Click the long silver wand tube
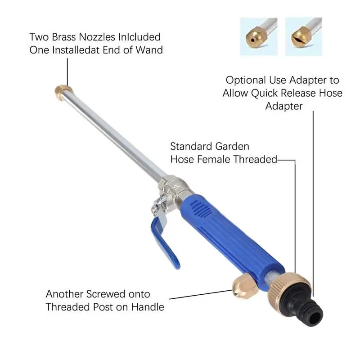(x=115, y=135)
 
